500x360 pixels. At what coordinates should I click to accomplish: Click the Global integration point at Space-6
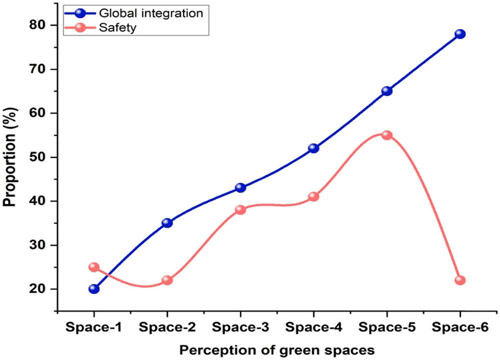(460, 34)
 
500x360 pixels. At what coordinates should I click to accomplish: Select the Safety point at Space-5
(387, 135)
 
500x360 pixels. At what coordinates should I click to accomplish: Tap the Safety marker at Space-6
(460, 280)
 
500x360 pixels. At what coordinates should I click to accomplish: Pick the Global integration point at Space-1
(94, 289)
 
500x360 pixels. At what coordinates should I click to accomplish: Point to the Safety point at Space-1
(94, 267)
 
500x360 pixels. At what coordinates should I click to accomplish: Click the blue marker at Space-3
(240, 188)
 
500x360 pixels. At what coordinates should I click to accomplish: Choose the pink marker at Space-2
(167, 280)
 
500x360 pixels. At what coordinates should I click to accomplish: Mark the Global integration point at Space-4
(314, 149)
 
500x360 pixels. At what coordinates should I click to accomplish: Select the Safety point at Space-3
(240, 210)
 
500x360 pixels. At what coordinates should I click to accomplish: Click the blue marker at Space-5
(387, 91)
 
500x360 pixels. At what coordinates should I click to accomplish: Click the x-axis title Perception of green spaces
(277, 350)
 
